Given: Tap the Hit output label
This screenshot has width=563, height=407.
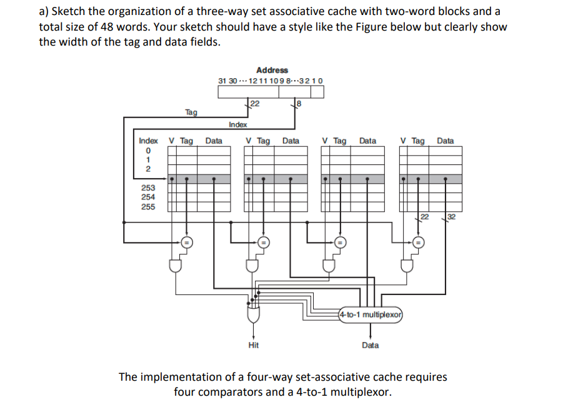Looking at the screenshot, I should coord(253,345).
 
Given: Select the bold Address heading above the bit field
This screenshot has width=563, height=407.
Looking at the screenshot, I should coord(272,70).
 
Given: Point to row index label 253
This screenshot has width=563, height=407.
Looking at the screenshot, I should coord(148,188).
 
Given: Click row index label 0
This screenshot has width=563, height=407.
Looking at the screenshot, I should coord(148,151).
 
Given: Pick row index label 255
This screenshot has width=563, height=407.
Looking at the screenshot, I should coord(148,206).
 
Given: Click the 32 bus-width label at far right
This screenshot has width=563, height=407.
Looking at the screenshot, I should coord(452,217).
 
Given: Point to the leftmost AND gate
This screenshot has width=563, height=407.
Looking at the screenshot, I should coord(176,266).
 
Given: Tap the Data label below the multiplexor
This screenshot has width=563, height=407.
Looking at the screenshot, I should coord(370,345).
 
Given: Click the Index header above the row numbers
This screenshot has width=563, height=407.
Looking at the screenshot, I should coord(148,141).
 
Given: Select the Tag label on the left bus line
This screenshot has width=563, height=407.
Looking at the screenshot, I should coord(191,113).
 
